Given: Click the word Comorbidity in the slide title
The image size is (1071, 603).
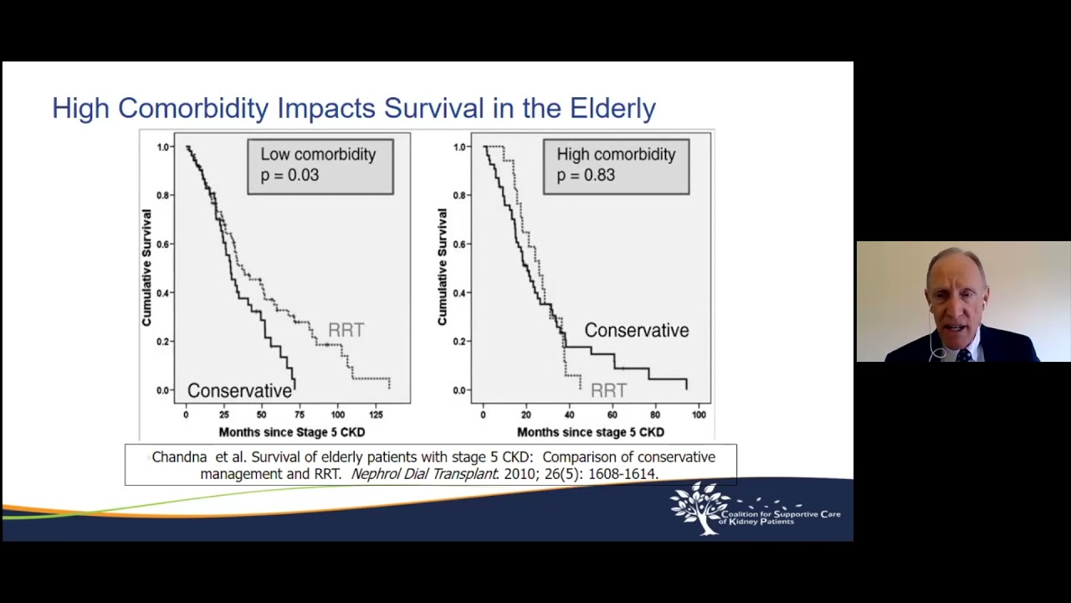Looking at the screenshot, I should pyautogui.click(x=193, y=108).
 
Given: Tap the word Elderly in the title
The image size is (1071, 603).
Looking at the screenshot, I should pyautogui.click(x=612, y=108).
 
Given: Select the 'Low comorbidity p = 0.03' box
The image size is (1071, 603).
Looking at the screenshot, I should pyautogui.click(x=320, y=166).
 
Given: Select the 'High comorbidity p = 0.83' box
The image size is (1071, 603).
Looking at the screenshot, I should pyautogui.click(x=616, y=166).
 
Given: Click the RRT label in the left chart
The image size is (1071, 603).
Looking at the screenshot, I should pyautogui.click(x=346, y=331).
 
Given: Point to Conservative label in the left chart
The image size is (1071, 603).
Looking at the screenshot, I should pyautogui.click(x=239, y=391).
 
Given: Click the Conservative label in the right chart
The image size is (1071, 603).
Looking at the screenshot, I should pyautogui.click(x=636, y=331).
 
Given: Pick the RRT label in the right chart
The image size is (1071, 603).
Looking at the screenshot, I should pyautogui.click(x=608, y=391).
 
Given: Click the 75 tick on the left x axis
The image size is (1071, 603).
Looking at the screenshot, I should pyautogui.click(x=300, y=415).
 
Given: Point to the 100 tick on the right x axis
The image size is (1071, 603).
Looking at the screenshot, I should pyautogui.click(x=699, y=415).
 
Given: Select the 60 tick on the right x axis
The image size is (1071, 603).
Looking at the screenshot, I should pyautogui.click(x=612, y=415).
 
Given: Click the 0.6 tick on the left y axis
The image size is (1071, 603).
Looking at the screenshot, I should pyautogui.click(x=162, y=245).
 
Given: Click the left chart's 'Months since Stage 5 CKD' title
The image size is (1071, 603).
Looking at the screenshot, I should pyautogui.click(x=291, y=432).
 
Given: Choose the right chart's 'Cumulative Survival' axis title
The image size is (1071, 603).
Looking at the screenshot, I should pyautogui.click(x=442, y=267).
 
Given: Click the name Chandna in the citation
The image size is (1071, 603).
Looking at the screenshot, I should pyautogui.click(x=179, y=457).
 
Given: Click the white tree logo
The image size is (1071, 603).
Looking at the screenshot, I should pyautogui.click(x=699, y=508).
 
